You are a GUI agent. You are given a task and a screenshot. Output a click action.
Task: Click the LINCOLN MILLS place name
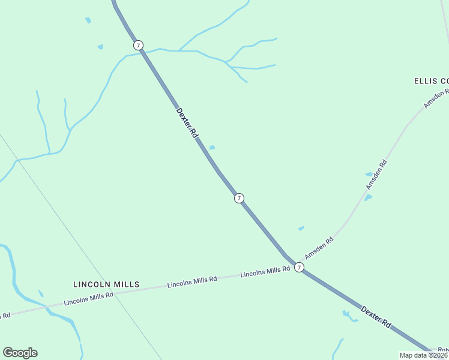106,284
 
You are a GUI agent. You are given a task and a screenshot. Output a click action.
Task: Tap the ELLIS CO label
431,80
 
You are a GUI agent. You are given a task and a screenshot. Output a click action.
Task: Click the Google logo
20,353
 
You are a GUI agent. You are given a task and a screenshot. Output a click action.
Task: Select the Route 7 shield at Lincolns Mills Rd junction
299,267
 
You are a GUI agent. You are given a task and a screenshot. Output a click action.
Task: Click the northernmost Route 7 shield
139,45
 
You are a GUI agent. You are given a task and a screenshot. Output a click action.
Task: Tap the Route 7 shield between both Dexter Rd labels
239,198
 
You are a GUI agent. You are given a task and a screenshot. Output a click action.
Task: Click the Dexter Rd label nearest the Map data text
376,316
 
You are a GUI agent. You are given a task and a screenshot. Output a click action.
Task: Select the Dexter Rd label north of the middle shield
187,122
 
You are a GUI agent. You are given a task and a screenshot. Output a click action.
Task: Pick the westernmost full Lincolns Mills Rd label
88,298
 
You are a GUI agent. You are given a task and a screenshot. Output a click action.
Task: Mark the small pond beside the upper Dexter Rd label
212,148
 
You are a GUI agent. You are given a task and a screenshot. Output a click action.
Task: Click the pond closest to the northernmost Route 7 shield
100,47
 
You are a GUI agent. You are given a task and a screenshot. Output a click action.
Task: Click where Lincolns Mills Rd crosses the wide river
47,307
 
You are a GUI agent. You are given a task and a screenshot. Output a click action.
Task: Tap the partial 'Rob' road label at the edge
443,350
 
